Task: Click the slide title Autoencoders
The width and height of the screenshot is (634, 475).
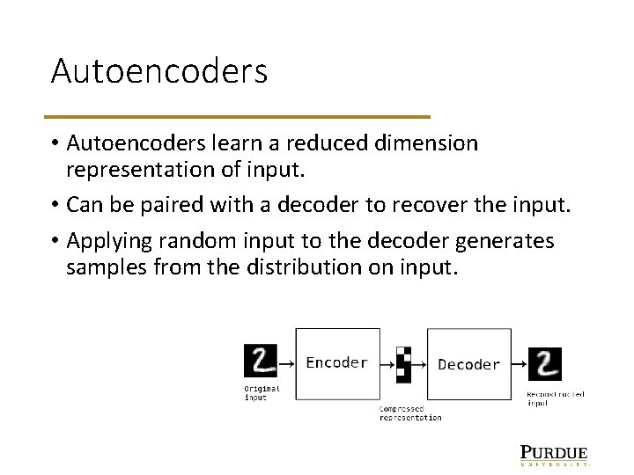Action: [x=158, y=71]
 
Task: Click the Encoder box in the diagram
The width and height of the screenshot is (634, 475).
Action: [x=337, y=362]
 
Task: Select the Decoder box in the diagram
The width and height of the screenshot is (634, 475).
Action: [x=468, y=364]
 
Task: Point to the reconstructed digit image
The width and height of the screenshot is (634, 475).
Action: [x=545, y=363]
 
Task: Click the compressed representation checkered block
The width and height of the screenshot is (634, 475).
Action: [x=403, y=362]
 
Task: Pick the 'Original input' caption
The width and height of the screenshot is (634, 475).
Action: [x=262, y=392]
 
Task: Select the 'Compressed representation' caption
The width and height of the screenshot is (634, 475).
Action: [x=410, y=413]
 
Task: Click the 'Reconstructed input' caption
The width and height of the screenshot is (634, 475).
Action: [x=555, y=398]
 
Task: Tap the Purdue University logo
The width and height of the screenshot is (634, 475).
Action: [x=554, y=454]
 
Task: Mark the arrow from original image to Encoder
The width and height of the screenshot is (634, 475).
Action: [x=285, y=362]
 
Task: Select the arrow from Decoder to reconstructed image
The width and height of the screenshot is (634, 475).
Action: [x=520, y=363]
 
